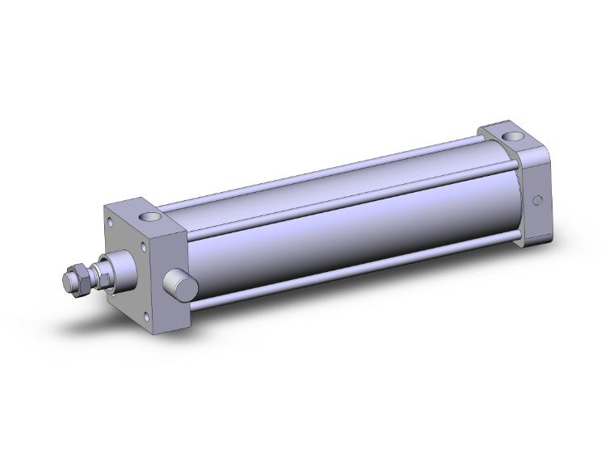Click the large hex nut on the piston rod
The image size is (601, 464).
(80, 277)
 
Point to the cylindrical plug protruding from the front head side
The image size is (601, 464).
(179, 284)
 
